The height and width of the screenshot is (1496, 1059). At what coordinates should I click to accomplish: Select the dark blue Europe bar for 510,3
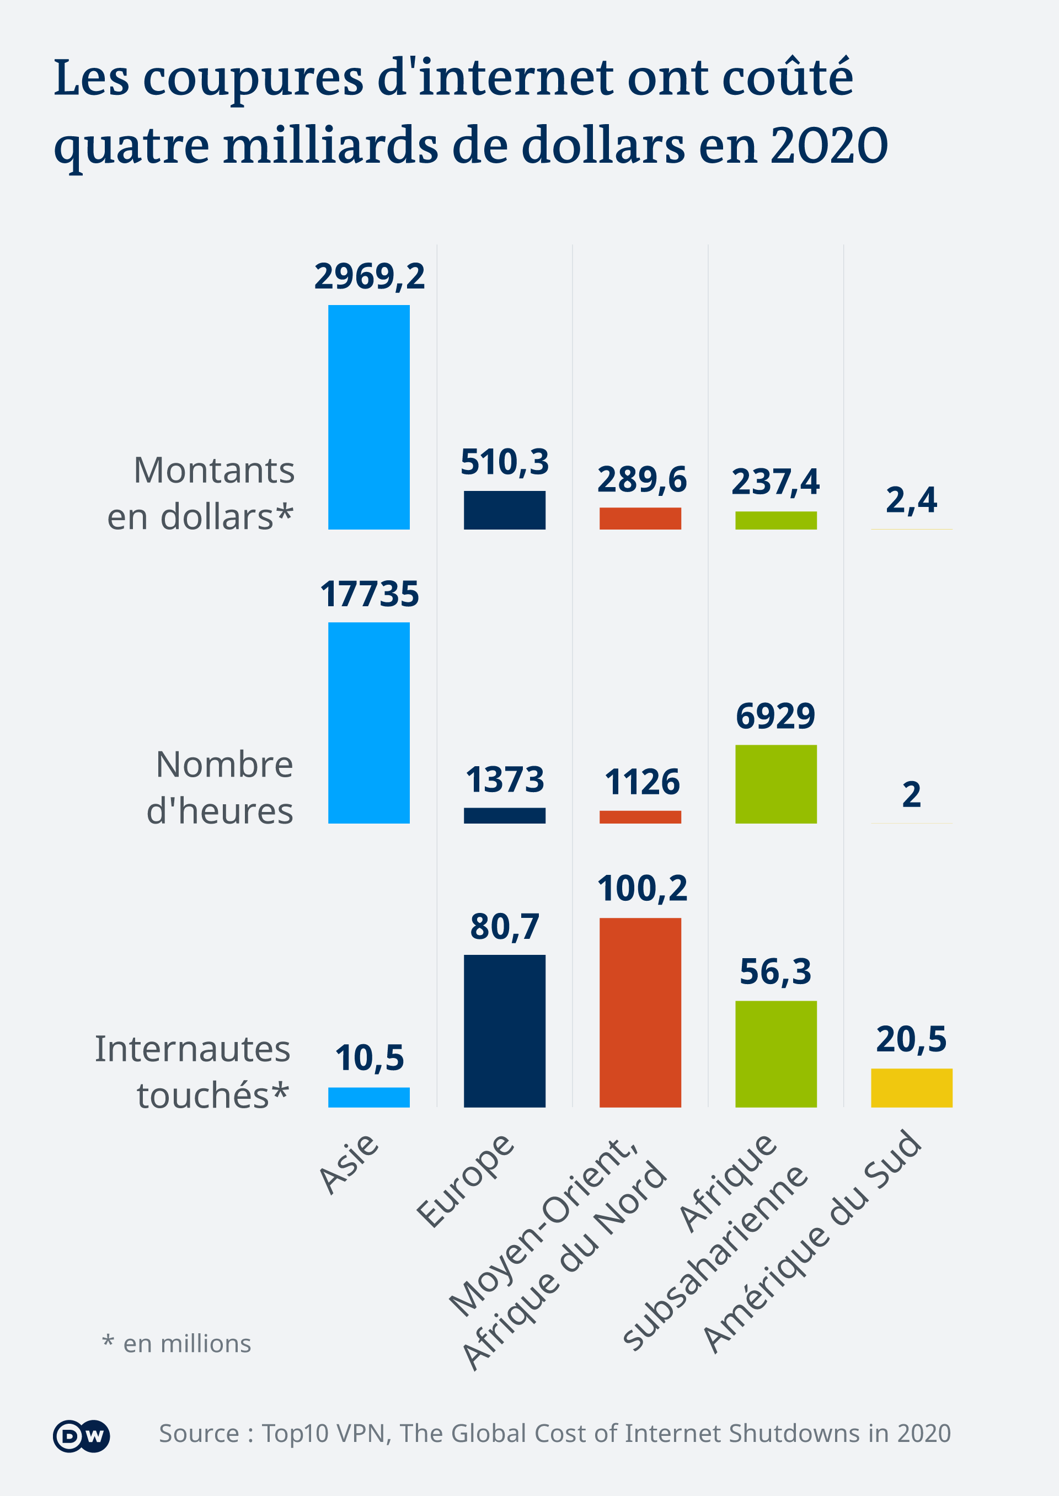point(504,510)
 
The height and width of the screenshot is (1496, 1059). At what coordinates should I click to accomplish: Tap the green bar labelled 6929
point(775,784)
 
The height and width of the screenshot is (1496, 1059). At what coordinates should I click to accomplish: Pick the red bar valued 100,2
point(640,1012)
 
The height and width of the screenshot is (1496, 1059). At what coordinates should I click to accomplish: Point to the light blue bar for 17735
point(368,723)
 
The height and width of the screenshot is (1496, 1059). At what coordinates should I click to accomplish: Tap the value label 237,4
point(775,482)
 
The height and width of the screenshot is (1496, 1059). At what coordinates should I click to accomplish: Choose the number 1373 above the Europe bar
point(505,780)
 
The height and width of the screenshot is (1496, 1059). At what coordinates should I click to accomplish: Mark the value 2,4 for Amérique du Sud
point(911,500)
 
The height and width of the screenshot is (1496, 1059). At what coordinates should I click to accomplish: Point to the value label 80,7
point(505,927)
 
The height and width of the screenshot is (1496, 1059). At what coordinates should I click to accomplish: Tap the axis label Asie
point(348,1164)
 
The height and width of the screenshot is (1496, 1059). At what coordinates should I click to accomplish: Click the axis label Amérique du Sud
point(812,1242)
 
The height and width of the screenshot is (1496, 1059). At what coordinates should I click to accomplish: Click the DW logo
point(81,1436)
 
